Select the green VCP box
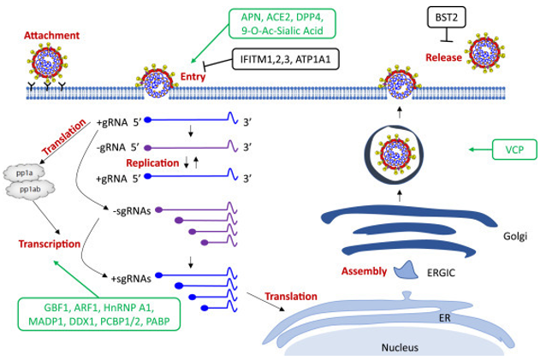point(497,150)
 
